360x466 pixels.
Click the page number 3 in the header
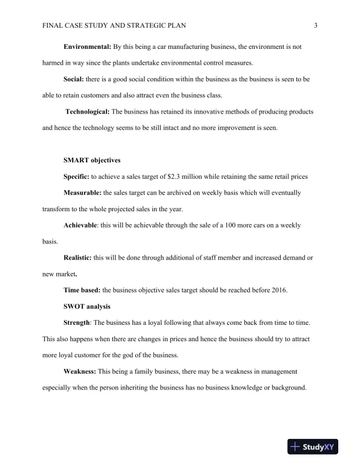tap(316, 25)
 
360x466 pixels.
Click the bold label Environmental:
tap(87, 46)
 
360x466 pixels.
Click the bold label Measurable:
tap(83, 192)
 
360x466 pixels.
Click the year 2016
tap(277, 290)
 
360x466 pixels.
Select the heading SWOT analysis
tap(86, 307)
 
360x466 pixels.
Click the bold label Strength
tap(76, 323)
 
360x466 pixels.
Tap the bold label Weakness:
tap(80, 371)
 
